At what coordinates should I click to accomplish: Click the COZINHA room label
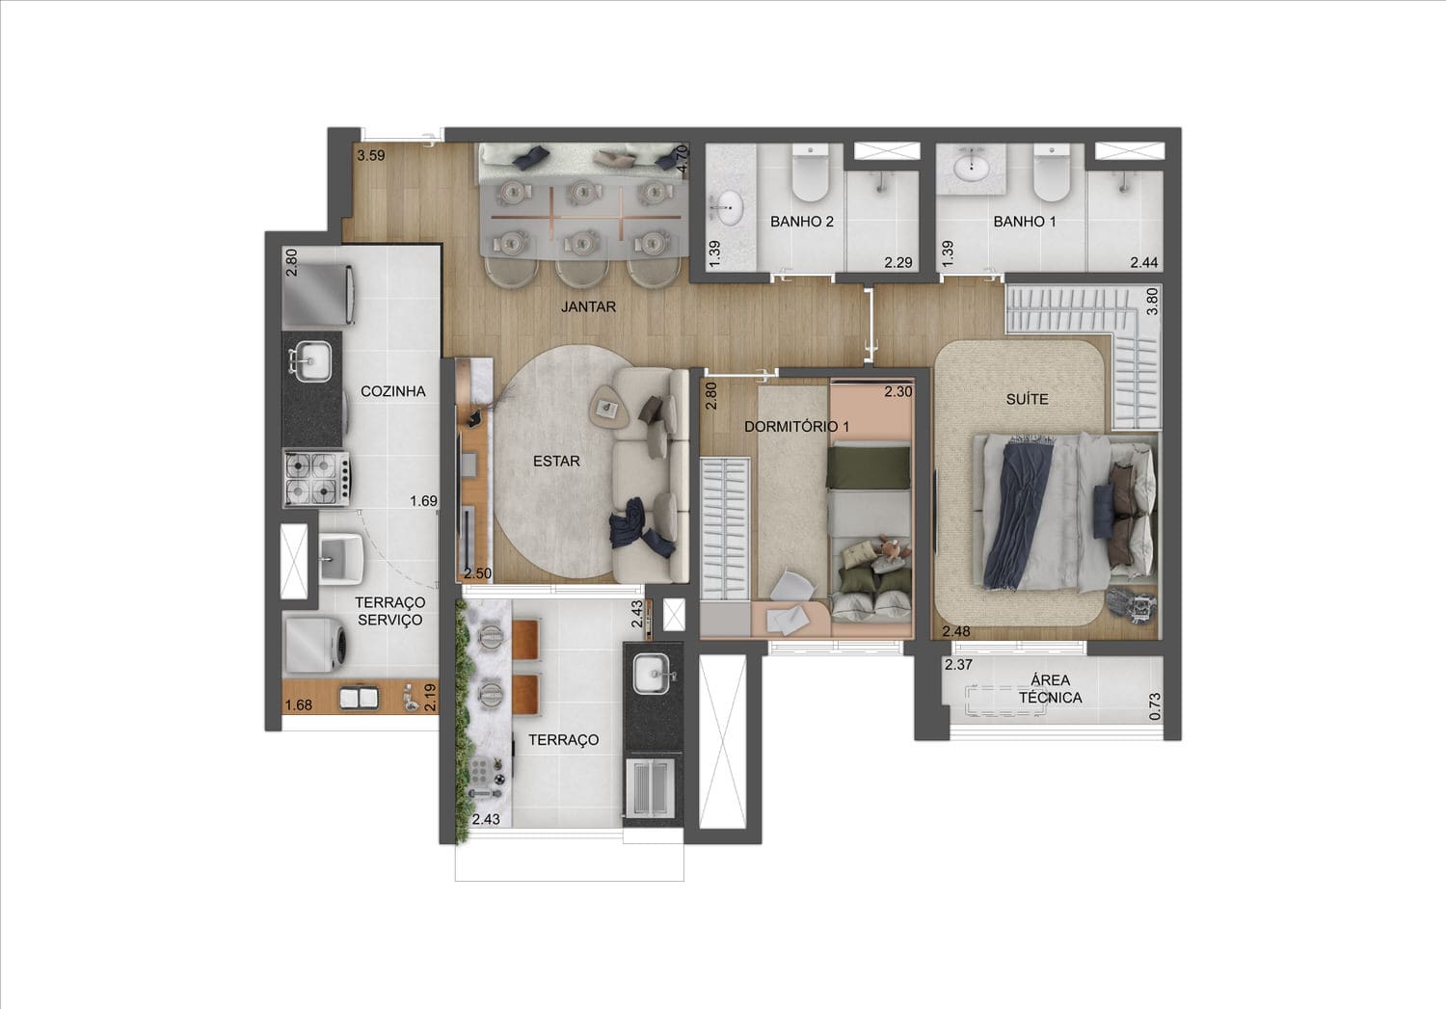click(x=392, y=391)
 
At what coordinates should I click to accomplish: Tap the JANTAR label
click(x=588, y=307)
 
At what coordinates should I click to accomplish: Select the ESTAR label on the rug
click(x=556, y=462)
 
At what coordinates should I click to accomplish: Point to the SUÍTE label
click(x=1027, y=399)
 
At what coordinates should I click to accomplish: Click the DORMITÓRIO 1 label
click(x=796, y=426)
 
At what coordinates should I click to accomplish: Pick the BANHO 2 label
click(x=802, y=222)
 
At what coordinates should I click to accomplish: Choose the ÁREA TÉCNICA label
click(x=1051, y=689)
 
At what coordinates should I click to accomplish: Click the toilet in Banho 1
click(x=1052, y=173)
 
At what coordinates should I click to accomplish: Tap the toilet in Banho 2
click(x=810, y=173)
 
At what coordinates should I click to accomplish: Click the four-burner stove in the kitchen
click(x=317, y=478)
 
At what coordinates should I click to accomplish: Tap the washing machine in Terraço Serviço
click(x=315, y=646)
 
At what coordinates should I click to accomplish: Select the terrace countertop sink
click(x=651, y=675)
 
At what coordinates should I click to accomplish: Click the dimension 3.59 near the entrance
click(x=371, y=155)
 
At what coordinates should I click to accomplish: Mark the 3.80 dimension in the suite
click(x=1152, y=302)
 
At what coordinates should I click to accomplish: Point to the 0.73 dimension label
click(x=1156, y=706)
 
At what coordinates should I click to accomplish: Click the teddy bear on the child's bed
click(x=890, y=550)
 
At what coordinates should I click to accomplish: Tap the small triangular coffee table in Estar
click(x=608, y=407)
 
